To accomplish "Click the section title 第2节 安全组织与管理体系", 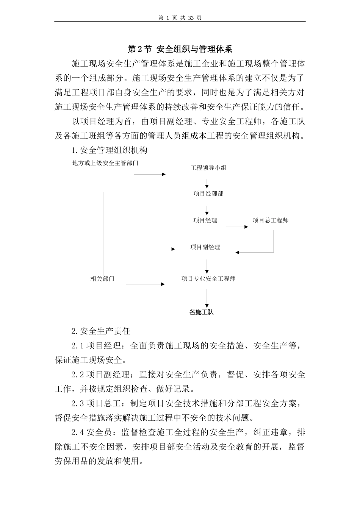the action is (x=180, y=49).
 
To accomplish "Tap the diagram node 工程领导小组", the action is (x=208, y=168).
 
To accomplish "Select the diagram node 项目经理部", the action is (x=208, y=194).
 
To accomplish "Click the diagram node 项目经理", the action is (x=205, y=220).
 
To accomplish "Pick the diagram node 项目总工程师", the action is (x=271, y=220).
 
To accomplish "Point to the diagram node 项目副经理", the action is (x=205, y=247).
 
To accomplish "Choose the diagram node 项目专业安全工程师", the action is (x=208, y=279).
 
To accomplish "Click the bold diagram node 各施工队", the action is (x=201, y=312).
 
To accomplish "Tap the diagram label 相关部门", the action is (x=102, y=279).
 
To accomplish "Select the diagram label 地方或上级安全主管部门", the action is (x=105, y=164).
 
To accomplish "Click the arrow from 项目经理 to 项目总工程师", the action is (x=237, y=227).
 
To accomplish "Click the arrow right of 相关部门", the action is (x=146, y=284).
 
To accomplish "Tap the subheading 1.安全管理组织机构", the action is (x=109, y=150).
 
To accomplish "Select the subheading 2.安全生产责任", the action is (x=101, y=331).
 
